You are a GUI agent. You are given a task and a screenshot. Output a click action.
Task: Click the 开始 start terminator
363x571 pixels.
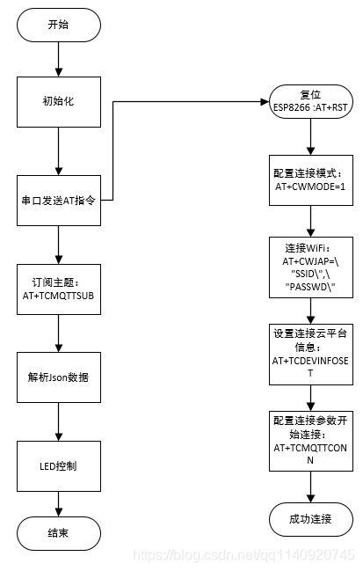[58, 25]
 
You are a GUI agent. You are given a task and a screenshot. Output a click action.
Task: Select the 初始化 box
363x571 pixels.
[58, 101]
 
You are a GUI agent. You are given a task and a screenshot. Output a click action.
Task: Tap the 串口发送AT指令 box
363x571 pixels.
[58, 201]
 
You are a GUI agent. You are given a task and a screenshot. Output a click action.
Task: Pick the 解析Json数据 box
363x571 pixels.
[58, 377]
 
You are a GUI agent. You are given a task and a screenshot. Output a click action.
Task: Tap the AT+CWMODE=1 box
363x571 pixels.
[309, 181]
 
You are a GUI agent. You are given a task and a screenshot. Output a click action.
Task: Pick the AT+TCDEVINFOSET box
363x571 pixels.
[309, 354]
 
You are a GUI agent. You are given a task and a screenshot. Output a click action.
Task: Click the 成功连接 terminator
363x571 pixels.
[309, 518]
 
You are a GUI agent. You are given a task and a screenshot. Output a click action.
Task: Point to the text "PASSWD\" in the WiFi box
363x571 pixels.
[309, 287]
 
